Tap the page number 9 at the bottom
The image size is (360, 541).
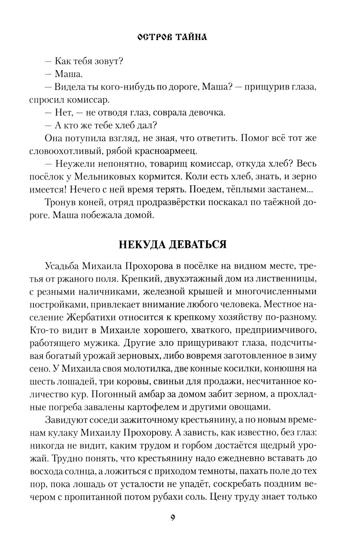tap(173, 518)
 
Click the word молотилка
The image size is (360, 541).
tap(145, 368)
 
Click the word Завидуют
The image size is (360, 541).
tap(68, 420)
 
